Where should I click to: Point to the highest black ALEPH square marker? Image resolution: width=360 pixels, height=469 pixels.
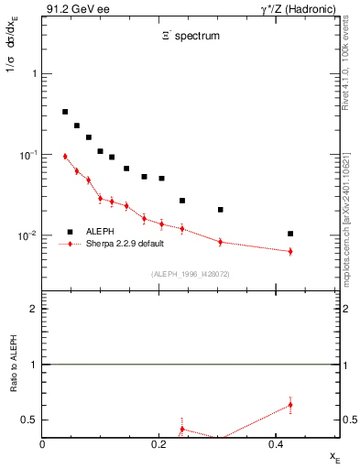(65, 112)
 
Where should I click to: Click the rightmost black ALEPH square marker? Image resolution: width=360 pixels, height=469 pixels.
(290, 234)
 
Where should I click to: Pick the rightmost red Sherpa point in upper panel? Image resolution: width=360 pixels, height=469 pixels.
(290, 251)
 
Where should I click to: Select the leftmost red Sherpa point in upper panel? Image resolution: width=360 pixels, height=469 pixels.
(65, 157)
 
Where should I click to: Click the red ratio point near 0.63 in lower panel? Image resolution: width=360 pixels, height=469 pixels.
(290, 404)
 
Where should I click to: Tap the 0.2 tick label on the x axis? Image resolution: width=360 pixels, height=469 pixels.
(159, 444)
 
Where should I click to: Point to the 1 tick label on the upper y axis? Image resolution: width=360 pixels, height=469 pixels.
(35, 73)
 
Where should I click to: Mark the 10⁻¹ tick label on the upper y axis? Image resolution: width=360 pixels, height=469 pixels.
(30, 155)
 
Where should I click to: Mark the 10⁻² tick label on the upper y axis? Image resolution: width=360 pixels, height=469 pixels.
(30, 236)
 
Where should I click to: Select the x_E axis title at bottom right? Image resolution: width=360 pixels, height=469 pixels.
(334, 455)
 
